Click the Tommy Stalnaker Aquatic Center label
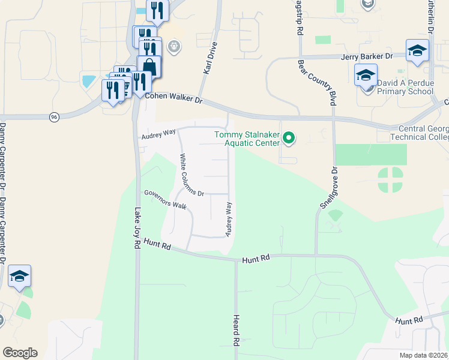[x=247, y=139]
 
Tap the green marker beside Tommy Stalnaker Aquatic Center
[x=289, y=139]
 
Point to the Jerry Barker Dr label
[x=366, y=56]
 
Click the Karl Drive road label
[x=209, y=62]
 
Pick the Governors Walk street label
[x=164, y=199]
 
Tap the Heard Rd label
[x=237, y=330]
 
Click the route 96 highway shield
[x=54, y=116]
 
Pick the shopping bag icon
[x=149, y=66]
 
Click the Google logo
[x=20, y=353]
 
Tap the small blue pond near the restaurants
[x=89, y=79]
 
